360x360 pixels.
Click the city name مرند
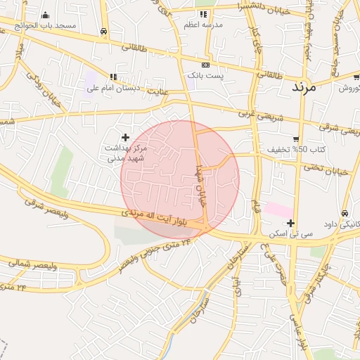303,89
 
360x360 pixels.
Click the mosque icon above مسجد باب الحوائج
45,15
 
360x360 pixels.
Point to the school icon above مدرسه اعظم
203,14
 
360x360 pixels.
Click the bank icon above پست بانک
205,64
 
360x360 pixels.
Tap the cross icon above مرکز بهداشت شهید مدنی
126,137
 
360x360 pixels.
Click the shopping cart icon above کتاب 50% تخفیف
296,139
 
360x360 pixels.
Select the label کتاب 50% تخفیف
288,150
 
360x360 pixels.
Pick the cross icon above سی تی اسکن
290,223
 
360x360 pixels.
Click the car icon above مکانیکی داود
345,213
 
